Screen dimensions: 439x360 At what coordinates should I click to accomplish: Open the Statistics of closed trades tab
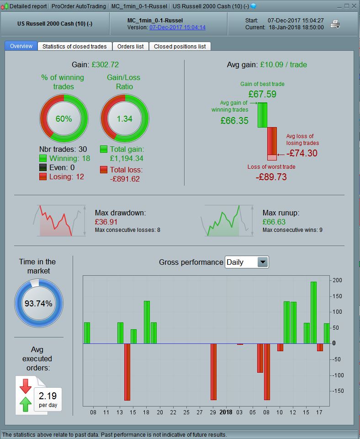[74, 46]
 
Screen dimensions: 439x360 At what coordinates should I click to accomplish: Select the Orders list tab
[130, 46]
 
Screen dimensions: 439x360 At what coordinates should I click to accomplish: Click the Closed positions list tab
[180, 46]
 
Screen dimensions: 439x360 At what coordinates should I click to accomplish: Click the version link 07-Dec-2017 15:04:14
[177, 27]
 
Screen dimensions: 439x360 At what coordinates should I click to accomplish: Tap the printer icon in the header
[335, 24]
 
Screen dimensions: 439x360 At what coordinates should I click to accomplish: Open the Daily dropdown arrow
[263, 262]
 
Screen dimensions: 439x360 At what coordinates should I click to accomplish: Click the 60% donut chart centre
[64, 119]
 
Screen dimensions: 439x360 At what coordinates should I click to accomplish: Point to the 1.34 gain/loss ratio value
[124, 119]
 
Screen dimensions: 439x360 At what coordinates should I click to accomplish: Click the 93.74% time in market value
[39, 304]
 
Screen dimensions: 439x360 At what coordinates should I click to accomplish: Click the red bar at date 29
[213, 371]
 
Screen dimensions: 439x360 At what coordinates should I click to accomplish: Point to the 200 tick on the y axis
[337, 280]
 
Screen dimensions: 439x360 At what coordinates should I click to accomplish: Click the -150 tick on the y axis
[337, 391]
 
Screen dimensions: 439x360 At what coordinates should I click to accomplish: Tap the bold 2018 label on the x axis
[226, 412]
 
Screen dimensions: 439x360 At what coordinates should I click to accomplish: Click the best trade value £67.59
[262, 94]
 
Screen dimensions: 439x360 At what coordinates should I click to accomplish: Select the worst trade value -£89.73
[271, 177]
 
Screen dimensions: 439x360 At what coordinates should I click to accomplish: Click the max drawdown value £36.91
[106, 221]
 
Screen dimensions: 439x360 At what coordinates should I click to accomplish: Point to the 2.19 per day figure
[48, 396]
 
